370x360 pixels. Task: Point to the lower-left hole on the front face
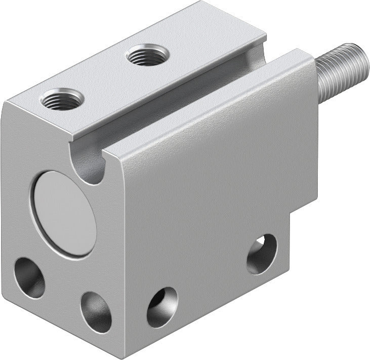(x=29, y=277)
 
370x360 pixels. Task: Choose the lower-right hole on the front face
(x=96, y=311)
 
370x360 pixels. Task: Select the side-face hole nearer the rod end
(x=262, y=254)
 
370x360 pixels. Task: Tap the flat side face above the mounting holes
(x=213, y=192)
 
